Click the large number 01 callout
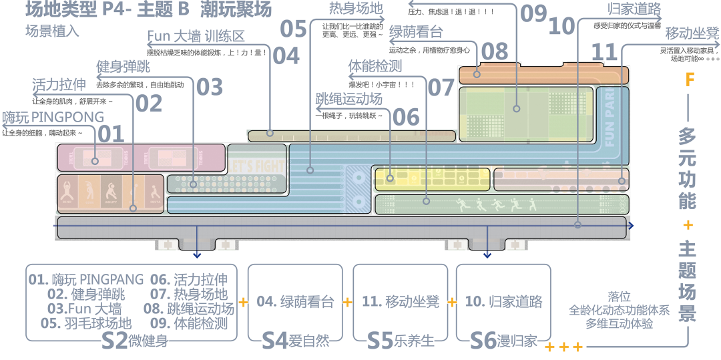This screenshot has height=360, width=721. click(x=111, y=133)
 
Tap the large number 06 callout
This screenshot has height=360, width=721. click(x=406, y=117)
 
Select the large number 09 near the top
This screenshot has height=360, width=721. click(x=533, y=13)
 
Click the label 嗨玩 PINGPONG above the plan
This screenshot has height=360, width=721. click(x=53, y=118)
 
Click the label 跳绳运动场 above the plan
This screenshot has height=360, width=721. click(x=349, y=100)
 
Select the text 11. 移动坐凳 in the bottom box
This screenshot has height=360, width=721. click(x=401, y=301)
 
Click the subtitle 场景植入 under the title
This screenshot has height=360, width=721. click(x=52, y=31)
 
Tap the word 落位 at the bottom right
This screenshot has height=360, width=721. click(x=619, y=296)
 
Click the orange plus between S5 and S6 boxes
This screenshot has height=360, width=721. click(x=452, y=303)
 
